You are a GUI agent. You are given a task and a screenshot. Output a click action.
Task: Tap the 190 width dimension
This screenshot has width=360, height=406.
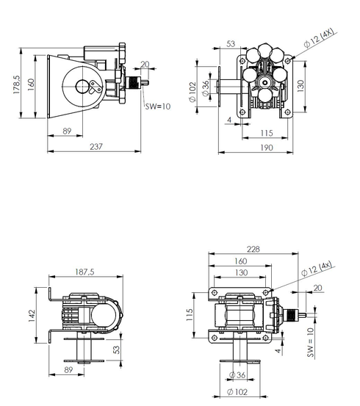(266, 148)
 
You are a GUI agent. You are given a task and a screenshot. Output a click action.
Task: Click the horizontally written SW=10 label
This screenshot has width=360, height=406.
(156, 106)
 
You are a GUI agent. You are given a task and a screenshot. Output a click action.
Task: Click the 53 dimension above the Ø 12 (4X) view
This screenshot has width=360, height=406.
(230, 45)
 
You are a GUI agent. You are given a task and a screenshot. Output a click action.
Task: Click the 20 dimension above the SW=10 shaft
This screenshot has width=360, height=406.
(145, 65)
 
